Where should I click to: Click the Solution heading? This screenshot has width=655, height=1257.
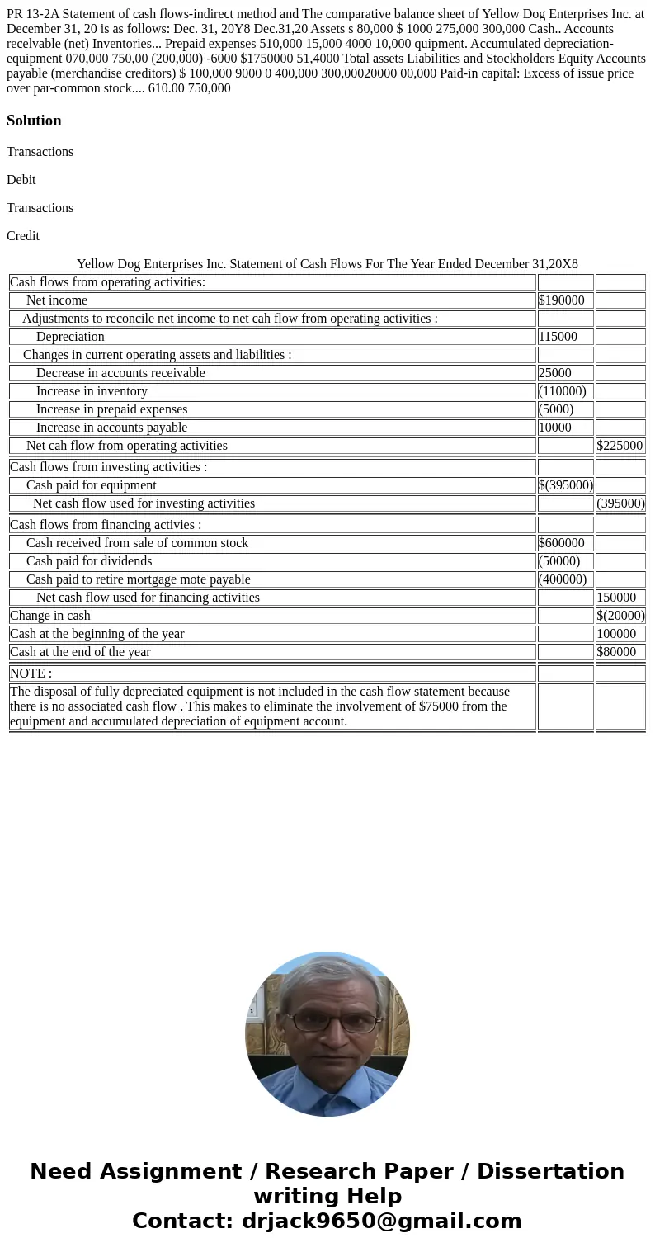[34, 121]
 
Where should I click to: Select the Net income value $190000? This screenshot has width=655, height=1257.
[561, 300]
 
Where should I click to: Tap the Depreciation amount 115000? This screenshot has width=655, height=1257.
[558, 337]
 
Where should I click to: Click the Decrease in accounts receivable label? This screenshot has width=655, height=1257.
[120, 373]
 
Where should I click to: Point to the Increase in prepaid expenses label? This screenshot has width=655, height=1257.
[111, 409]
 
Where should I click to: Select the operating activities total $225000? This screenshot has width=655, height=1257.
[620, 446]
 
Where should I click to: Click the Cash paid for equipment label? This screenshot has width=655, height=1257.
[91, 485]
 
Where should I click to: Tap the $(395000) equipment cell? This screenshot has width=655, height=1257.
[565, 485]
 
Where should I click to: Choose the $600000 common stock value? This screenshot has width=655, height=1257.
[561, 543]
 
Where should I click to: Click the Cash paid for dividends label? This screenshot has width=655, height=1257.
[89, 561]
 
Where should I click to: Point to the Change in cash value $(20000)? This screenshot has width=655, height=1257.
[620, 616]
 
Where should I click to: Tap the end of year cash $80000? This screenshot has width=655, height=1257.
[616, 652]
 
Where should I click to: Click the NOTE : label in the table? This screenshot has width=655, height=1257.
[31, 673]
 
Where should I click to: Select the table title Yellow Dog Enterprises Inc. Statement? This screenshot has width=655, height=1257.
[327, 264]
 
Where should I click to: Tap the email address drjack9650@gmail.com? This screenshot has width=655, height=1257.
[381, 1221]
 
